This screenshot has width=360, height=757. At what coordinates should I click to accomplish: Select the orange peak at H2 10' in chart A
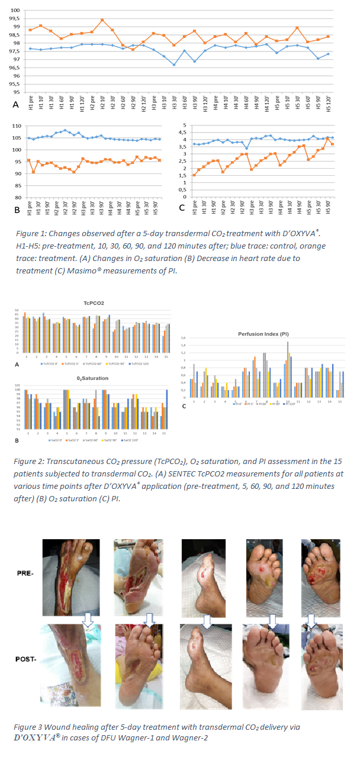(x=102, y=20)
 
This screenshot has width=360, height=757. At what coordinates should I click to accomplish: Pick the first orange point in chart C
(x=194, y=175)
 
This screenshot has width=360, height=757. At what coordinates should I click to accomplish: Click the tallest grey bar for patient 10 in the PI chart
(x=288, y=343)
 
